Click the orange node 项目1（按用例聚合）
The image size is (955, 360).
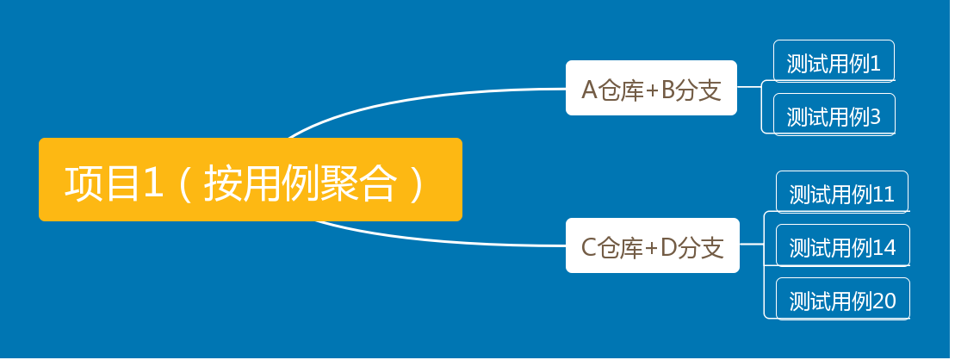point(250,179)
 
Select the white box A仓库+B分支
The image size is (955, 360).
point(651,88)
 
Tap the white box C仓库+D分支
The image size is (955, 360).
point(652,246)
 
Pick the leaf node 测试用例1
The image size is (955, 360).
point(834,63)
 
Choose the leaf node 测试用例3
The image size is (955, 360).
point(834,115)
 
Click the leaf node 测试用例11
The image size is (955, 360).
point(841,194)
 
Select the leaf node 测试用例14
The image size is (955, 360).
point(842,247)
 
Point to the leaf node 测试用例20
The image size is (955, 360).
point(842,301)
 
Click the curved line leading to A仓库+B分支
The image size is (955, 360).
point(431,96)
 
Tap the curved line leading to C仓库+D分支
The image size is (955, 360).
point(431,240)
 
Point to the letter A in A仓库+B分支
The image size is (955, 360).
point(590,89)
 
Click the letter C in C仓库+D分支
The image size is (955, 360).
point(589,248)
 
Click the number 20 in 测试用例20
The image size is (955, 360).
point(884,301)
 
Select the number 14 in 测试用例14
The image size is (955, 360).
point(884,248)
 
